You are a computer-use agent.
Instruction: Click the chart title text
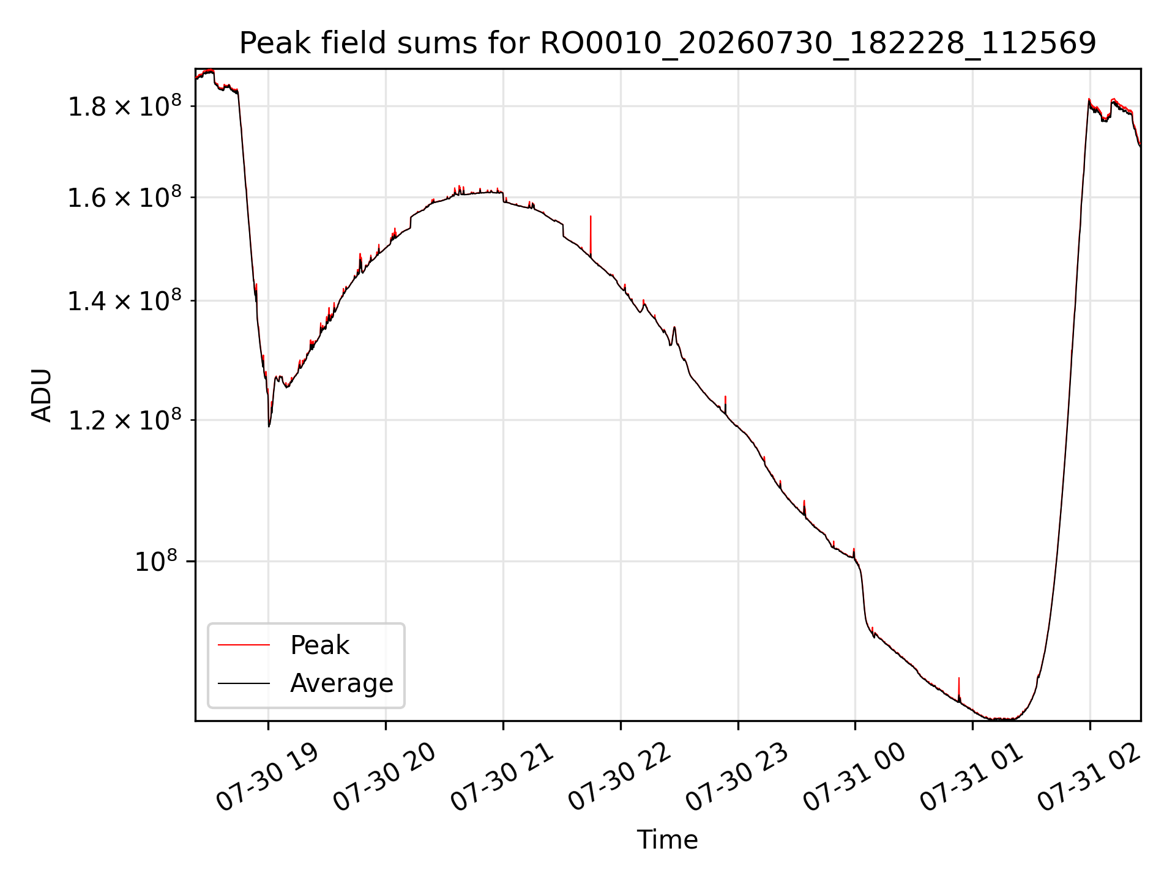[667, 43]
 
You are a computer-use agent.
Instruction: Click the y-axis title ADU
[42, 395]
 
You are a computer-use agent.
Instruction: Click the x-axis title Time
[667, 840]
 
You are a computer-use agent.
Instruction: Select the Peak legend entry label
[319, 645]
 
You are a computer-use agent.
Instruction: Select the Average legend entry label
[341, 683]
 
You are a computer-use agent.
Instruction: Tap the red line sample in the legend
[244, 645]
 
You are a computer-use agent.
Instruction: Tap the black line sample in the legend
[244, 683]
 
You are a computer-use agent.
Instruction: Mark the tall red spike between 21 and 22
[591, 236]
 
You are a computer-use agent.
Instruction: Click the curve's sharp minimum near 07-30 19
[269, 426]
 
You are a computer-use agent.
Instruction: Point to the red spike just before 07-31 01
[959, 688]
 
